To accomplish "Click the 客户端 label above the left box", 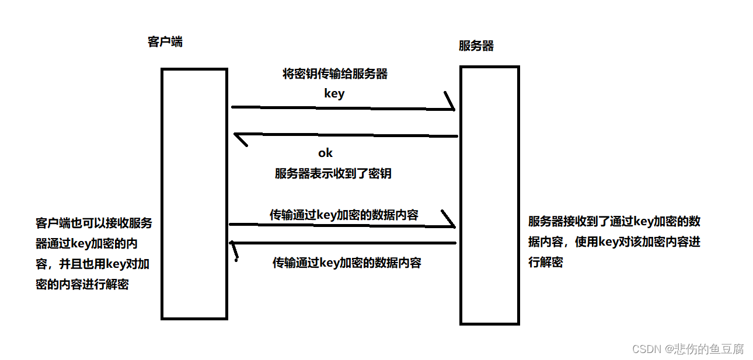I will [x=165, y=41].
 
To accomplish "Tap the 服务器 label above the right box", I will [x=476, y=46].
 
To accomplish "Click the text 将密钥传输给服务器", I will [x=335, y=74].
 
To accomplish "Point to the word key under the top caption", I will [x=334, y=93].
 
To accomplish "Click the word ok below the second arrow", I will [x=325, y=153].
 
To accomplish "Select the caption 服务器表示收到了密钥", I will [x=336, y=173].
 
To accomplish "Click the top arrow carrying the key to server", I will [x=339, y=108].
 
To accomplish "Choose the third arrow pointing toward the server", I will [x=339, y=225].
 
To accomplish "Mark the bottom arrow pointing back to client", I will [x=344, y=243].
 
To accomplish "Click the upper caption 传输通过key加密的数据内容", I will [x=344, y=215].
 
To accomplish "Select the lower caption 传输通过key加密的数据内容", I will [x=347, y=263].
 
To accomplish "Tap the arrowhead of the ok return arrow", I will [x=239, y=138].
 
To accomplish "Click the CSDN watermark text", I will [x=646, y=349].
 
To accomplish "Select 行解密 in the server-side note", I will [x=546, y=262].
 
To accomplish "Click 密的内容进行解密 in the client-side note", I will [x=82, y=284].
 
